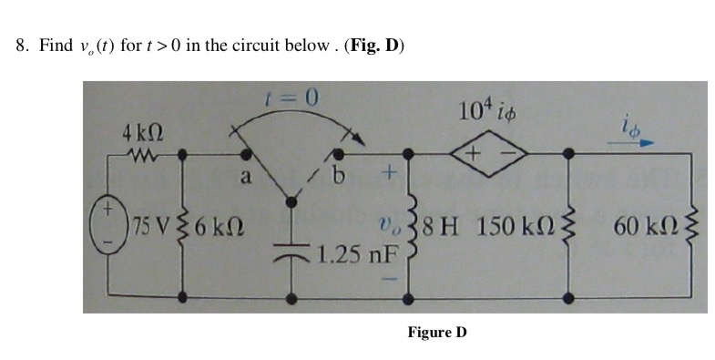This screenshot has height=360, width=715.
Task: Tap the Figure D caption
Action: pyautogui.click(x=437, y=332)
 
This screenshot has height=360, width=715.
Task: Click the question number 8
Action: pyautogui.click(x=22, y=46)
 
